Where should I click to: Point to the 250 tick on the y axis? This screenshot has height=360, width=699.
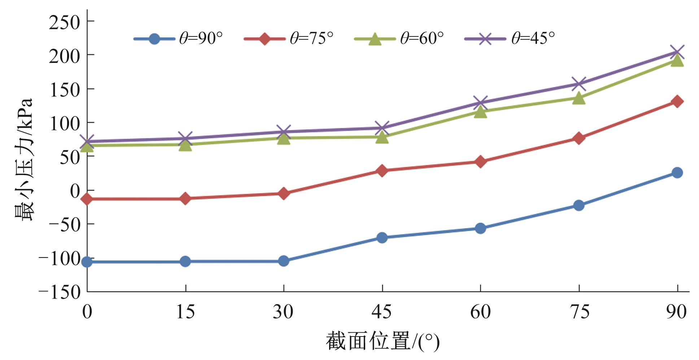pyautogui.click(x=64, y=23)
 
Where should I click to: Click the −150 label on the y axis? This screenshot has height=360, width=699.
pyautogui.click(x=60, y=292)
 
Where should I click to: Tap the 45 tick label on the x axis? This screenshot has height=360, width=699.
pyautogui.click(x=382, y=312)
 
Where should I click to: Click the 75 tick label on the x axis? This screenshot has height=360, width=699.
pyautogui.click(x=579, y=312)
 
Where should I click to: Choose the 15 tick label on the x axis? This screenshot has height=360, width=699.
pyautogui.click(x=185, y=312)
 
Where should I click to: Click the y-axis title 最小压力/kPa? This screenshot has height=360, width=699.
pyautogui.click(x=24, y=159)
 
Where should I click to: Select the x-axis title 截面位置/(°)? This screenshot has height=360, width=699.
pyautogui.click(x=383, y=341)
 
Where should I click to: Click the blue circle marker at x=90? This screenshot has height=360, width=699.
pyautogui.click(x=677, y=173)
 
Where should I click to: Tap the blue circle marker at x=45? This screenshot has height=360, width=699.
pyautogui.click(x=382, y=238)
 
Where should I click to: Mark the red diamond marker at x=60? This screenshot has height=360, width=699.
pyautogui.click(x=480, y=161)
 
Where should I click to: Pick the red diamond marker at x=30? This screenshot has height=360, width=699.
pyautogui.click(x=284, y=194)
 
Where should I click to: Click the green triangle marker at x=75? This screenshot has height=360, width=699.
pyautogui.click(x=579, y=98)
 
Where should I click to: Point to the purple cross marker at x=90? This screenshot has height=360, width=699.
pyautogui.click(x=677, y=52)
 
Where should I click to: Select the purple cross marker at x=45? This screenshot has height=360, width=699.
pyautogui.click(x=382, y=128)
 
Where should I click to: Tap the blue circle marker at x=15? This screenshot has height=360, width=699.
pyautogui.click(x=185, y=261)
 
